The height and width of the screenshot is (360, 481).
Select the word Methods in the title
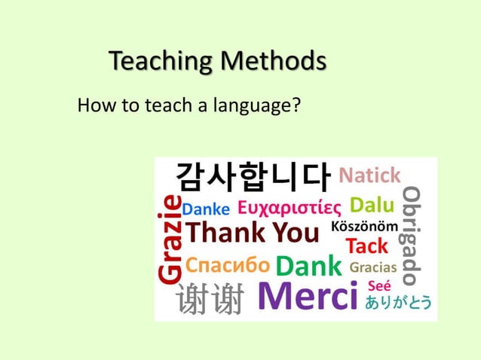(x=274, y=60)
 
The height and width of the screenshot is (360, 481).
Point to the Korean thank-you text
(x=253, y=177)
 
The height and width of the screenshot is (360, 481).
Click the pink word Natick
(x=369, y=176)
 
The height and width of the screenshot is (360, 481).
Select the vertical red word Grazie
(x=170, y=239)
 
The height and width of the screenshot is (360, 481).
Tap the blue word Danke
(x=207, y=208)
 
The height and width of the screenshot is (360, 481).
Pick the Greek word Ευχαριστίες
(x=290, y=206)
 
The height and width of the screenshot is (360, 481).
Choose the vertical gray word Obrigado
(x=412, y=236)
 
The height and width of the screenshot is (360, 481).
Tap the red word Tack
(x=366, y=246)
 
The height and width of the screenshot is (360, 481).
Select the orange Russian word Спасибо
(x=227, y=265)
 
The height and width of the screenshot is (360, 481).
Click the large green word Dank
(x=310, y=266)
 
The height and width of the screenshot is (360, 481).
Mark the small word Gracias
(x=374, y=267)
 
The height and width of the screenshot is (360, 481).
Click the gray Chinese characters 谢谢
(x=210, y=301)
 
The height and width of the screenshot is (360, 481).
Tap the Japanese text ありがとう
(x=399, y=303)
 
